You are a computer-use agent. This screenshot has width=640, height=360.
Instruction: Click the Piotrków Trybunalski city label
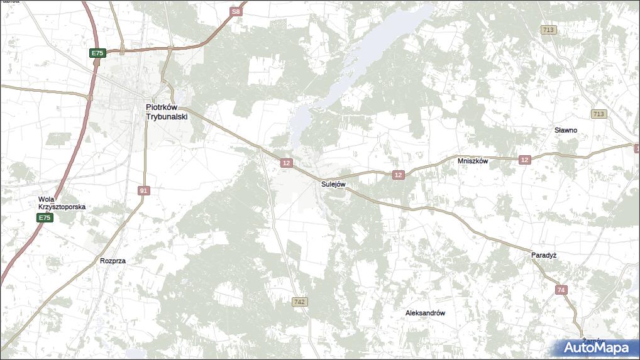[x=167, y=112]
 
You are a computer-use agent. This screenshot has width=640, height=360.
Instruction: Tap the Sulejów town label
[x=333, y=184]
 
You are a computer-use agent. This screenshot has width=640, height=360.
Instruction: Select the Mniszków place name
[x=473, y=160]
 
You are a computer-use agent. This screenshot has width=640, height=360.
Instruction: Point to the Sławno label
[x=565, y=130]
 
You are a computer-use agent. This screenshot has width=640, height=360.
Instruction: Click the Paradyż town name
[x=544, y=255]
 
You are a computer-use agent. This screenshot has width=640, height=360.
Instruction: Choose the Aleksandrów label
[x=426, y=312]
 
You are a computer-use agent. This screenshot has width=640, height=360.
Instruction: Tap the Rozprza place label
[x=113, y=260]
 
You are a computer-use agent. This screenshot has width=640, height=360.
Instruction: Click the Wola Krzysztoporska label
[x=62, y=203]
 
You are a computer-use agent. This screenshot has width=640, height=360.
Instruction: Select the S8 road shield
[x=235, y=11]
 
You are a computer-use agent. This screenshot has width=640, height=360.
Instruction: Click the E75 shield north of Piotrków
[x=97, y=53]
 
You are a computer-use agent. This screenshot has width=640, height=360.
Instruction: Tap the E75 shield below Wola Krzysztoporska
[x=43, y=217]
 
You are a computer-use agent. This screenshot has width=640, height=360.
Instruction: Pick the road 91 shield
[x=144, y=190]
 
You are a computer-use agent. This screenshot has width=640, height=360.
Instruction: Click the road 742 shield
[x=300, y=302]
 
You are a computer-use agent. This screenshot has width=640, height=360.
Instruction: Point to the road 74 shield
[x=561, y=290]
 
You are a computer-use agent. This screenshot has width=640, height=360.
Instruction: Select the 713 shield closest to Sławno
[x=599, y=114]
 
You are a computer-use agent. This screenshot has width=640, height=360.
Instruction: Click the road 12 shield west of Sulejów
[x=287, y=163]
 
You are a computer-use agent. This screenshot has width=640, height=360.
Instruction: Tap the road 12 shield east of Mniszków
[x=524, y=160]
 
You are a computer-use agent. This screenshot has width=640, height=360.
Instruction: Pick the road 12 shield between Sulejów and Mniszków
[x=398, y=175]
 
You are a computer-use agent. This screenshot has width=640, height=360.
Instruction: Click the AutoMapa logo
[x=596, y=347]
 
